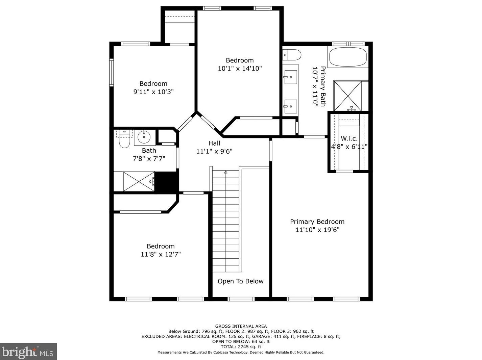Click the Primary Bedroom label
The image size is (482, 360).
point(317,222)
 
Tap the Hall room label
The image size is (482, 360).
point(214,143)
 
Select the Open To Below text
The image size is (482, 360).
point(240,281)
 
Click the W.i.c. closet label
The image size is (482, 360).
point(349,138)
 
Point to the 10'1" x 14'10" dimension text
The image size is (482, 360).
point(240,69)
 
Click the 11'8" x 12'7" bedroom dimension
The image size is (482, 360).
point(161,254)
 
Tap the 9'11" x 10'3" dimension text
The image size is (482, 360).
point(153,92)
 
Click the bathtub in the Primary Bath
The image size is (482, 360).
point(348,57)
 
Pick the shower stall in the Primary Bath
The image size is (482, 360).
point(347,96)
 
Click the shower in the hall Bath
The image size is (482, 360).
point(139,181)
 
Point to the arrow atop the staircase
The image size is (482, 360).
point(226,172)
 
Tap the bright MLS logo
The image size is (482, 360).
point(28,352)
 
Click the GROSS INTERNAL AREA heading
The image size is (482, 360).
point(241,326)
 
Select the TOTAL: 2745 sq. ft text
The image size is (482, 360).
point(241,346)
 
